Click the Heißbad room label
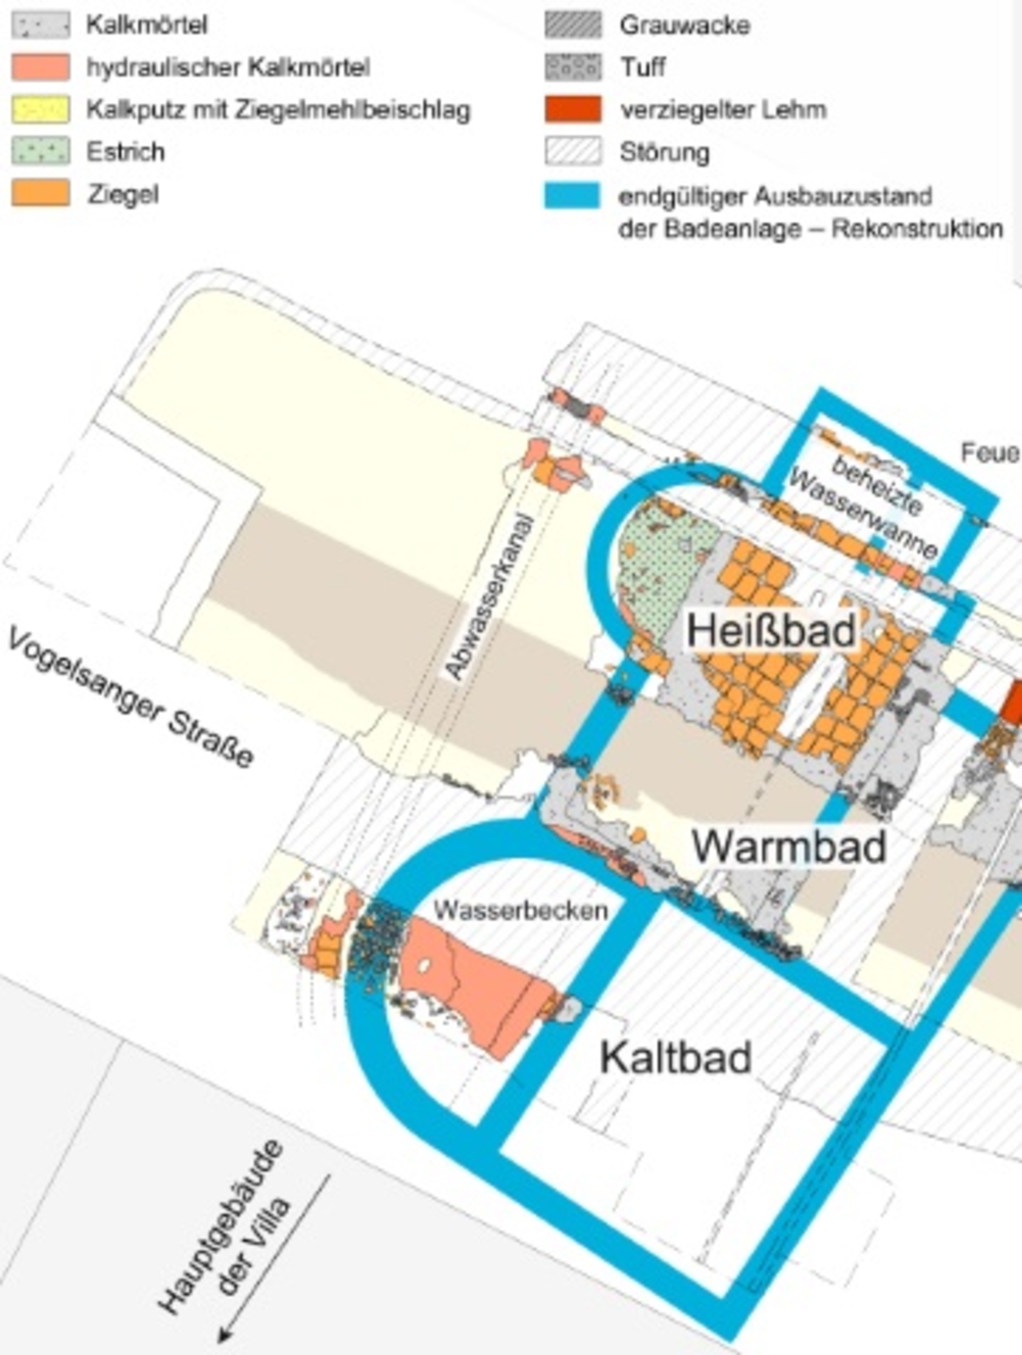pyautogui.click(x=770, y=631)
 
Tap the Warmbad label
pyautogui.click(x=788, y=847)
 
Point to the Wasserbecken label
pyautogui.click(x=520, y=910)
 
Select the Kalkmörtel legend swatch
pyautogui.click(x=41, y=25)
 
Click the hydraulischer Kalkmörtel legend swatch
pyautogui.click(x=41, y=67)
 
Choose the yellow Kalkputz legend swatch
pyautogui.click(x=41, y=109)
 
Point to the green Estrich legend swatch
pyautogui.click(x=41, y=151)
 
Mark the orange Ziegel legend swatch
pyautogui.click(x=41, y=193)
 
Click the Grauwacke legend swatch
pyautogui.click(x=573, y=25)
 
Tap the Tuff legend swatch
pyautogui.click(x=573, y=67)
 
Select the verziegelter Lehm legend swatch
pyautogui.click(x=573, y=109)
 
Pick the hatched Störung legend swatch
pyautogui.click(x=573, y=151)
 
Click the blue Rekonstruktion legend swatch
pyautogui.click(x=573, y=195)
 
